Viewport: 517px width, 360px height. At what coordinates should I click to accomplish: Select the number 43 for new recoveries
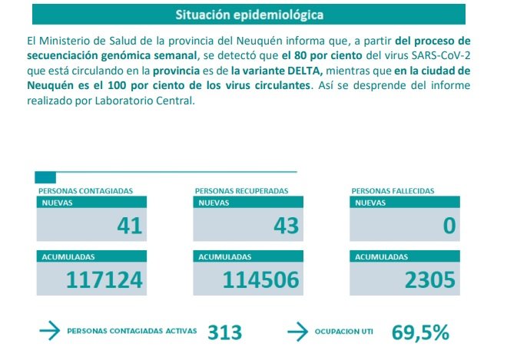click(x=287, y=226)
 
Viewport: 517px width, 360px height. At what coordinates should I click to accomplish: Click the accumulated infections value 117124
click(x=104, y=280)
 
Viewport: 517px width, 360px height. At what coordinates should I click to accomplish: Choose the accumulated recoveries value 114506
click(x=260, y=280)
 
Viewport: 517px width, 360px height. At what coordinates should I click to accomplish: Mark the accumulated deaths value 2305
click(x=430, y=280)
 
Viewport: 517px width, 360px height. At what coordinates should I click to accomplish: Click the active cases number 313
click(x=224, y=332)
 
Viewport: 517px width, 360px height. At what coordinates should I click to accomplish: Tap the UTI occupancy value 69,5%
click(x=420, y=332)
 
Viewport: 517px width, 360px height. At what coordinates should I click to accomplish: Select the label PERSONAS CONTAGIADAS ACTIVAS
click(x=131, y=332)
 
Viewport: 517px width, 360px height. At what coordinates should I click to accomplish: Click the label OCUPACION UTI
click(x=343, y=332)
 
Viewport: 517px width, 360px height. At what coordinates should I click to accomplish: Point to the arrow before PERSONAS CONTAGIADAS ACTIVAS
click(x=49, y=332)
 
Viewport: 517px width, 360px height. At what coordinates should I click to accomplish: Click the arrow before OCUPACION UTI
click(x=297, y=332)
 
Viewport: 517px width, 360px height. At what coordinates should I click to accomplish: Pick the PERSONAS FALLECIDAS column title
click(x=390, y=190)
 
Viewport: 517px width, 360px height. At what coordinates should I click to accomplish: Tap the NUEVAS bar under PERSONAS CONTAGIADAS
click(x=90, y=203)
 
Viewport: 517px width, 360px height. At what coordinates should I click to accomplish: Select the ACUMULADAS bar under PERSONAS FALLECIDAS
click(x=405, y=256)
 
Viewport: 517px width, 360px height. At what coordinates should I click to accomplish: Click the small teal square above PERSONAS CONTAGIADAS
click(x=45, y=177)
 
